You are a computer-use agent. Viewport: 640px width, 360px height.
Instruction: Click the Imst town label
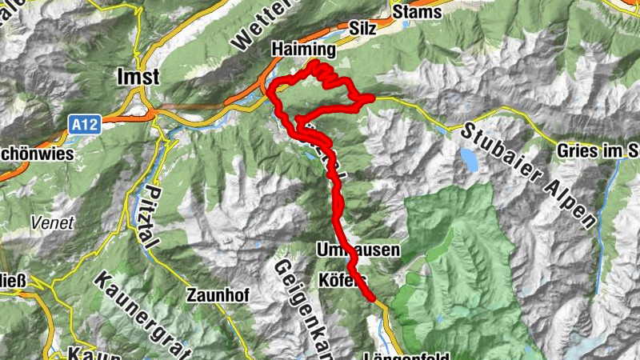pyautogui.click(x=138, y=77)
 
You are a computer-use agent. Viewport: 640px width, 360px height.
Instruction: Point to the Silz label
pyautogui.click(x=364, y=27)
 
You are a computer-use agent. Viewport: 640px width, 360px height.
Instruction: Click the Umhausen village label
pyautogui.click(x=358, y=250)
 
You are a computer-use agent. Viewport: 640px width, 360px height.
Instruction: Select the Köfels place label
pyautogui.click(x=342, y=280)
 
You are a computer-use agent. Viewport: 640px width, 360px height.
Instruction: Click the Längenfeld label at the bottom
pyautogui.click(x=406, y=354)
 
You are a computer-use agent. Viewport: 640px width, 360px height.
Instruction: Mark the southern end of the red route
pyautogui.click(x=373, y=299)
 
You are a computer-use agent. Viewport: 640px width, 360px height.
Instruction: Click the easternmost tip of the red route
pyautogui.click(x=373, y=98)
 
